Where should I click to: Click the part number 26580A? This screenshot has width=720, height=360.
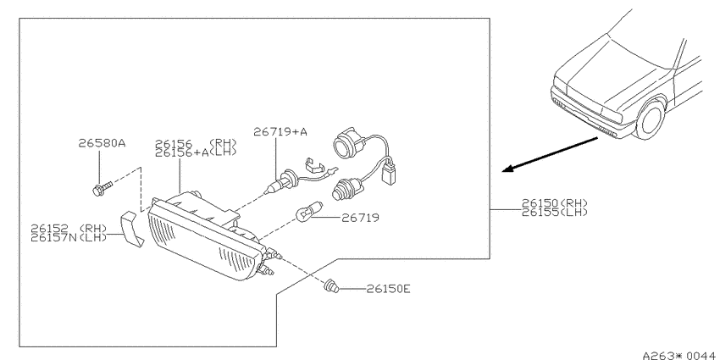point(102,143)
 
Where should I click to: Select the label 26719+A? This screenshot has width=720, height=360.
point(280,132)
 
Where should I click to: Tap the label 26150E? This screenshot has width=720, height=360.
point(389,289)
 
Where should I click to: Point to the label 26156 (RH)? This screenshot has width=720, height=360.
point(196,144)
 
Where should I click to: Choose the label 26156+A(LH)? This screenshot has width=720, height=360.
point(196,153)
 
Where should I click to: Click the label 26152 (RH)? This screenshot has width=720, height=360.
point(69,228)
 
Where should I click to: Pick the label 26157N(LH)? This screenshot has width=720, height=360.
point(69,237)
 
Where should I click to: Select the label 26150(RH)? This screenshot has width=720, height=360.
point(555,203)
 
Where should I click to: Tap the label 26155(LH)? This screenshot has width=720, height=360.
point(555,212)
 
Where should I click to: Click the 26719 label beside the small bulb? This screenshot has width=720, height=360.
point(361,217)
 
